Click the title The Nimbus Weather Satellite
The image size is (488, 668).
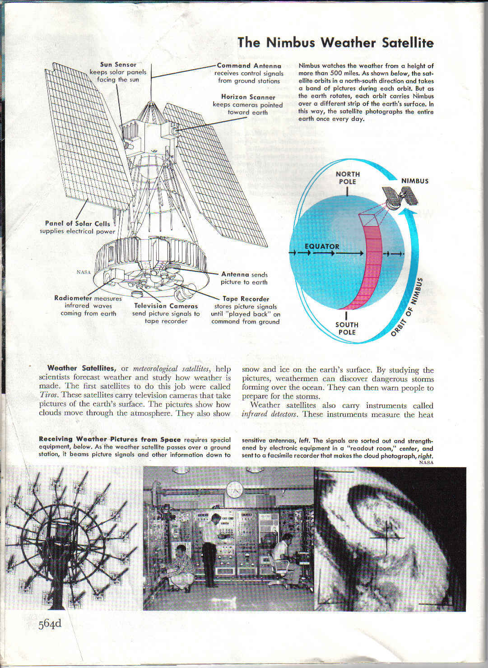pos(335,42)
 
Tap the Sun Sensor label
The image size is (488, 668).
pos(118,65)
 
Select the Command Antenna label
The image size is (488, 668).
pos(249,65)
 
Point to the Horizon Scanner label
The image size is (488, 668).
pos(248,97)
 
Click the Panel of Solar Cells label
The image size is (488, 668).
pos(77,223)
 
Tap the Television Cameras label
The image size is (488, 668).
pos(166,306)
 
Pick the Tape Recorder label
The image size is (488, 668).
pos(246,299)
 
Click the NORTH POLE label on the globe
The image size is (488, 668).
pos(348,178)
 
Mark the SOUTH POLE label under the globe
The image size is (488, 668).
pos(347,328)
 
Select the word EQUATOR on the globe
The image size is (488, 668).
pos(321,246)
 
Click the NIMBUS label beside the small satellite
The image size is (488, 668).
pos(415,181)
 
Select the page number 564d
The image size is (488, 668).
pos(50,624)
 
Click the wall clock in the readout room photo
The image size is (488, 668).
pos(234,490)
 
